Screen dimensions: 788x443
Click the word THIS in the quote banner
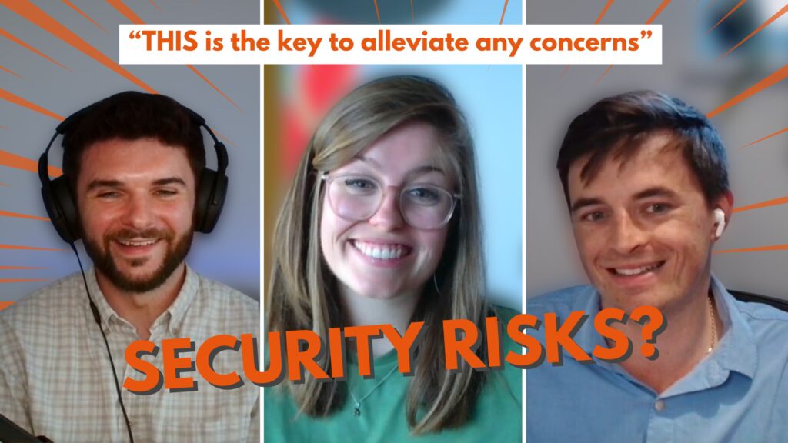169,42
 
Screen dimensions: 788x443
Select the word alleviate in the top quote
415,42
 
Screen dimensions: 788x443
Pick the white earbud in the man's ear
719,222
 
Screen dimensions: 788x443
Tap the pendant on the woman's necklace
357,410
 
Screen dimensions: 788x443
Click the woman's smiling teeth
380,251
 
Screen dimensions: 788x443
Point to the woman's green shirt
392,401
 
